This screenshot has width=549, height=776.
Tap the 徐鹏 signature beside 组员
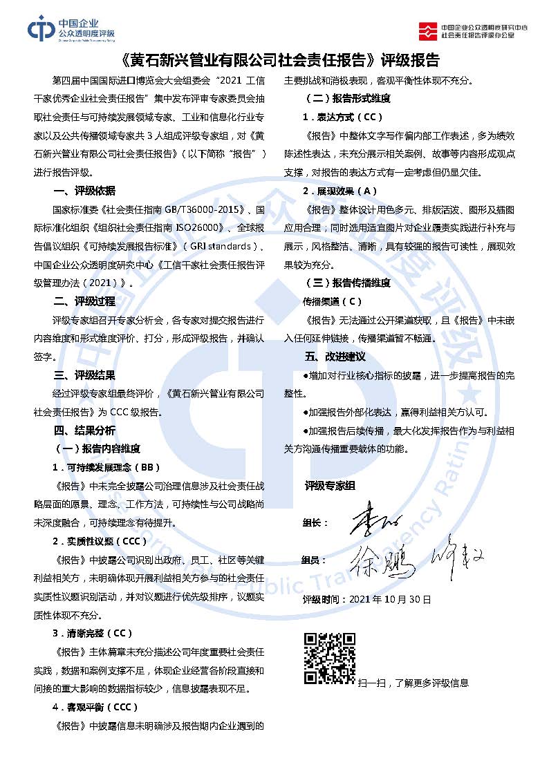[382, 560]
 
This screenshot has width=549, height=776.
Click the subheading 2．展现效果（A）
[339, 191]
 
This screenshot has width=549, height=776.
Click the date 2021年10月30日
[391, 599]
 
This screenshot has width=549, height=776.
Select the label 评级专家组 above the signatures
[330, 486]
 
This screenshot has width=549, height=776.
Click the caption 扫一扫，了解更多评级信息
[413, 683]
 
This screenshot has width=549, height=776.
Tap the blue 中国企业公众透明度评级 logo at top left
[71, 28]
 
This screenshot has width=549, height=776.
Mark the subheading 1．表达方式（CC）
[342, 117]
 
